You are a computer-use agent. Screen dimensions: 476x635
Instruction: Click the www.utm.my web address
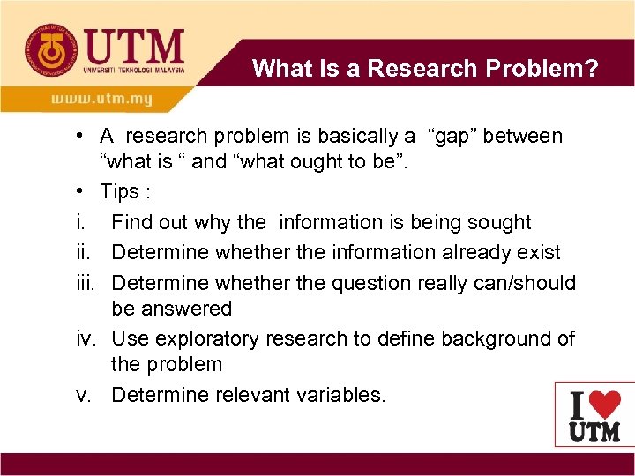pos(101,99)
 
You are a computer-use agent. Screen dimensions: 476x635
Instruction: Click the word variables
pos(339,395)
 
